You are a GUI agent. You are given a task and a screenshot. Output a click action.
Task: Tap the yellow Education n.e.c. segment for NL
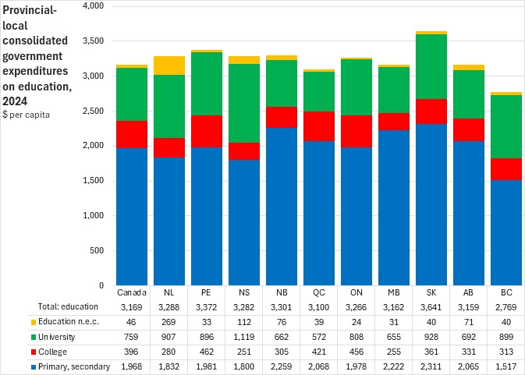coord(169,65)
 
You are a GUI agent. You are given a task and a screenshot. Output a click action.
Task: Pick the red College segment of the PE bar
coord(207,131)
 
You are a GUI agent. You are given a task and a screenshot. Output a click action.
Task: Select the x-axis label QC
coord(319,292)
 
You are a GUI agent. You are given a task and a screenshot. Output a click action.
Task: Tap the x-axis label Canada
coord(132,292)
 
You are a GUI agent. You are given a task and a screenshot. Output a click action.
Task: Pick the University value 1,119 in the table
coord(244,337)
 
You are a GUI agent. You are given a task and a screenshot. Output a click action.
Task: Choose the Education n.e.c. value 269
coord(169,322)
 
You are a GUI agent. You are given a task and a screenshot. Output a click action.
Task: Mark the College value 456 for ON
coord(357,352)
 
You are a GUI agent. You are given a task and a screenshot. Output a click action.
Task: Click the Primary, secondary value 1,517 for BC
coord(505,366)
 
